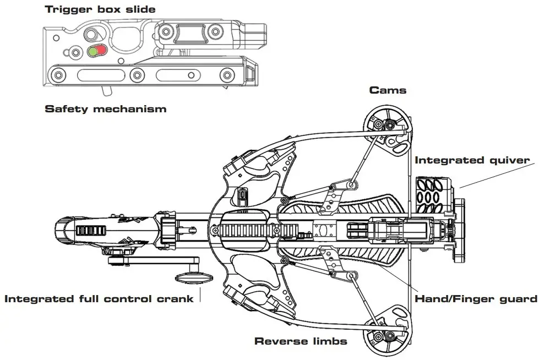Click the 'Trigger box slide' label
click(x=100, y=9)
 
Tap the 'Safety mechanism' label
click(x=105, y=109)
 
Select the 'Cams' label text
click(x=388, y=90)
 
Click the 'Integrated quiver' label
click(x=472, y=160)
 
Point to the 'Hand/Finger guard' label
click(x=476, y=299)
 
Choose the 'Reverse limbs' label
click(x=301, y=341)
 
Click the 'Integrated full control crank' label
click(x=99, y=299)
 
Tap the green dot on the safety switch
click(x=92, y=52)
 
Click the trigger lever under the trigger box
click(x=106, y=89)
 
